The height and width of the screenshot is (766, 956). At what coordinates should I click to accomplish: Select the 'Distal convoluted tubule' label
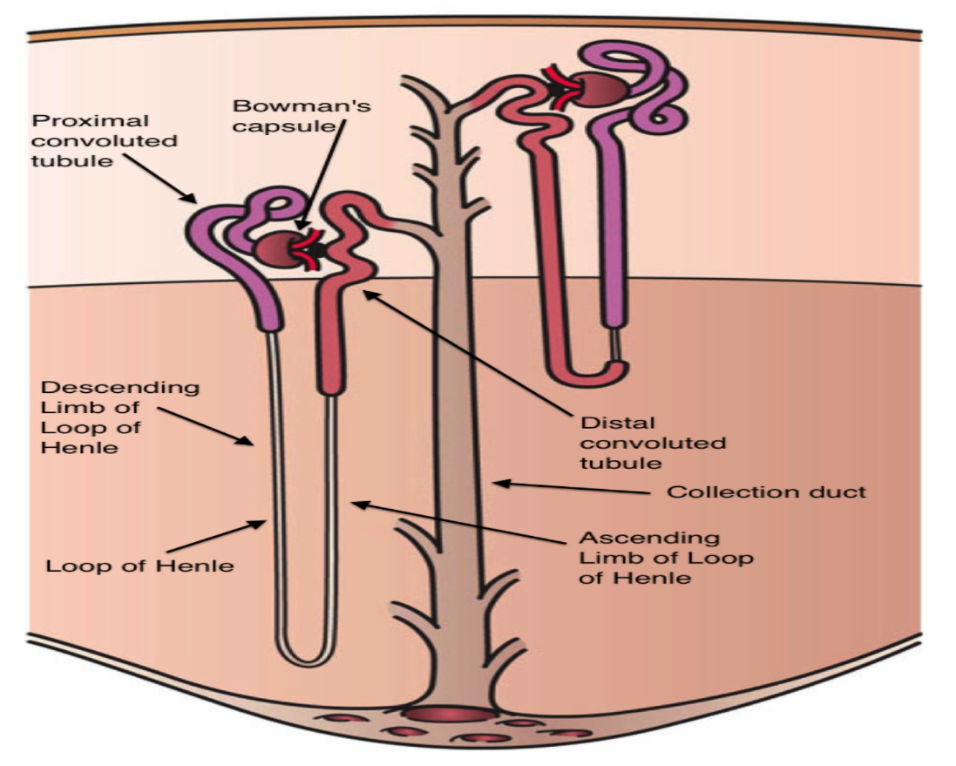(653, 442)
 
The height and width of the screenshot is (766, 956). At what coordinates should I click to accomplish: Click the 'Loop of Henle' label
(140, 566)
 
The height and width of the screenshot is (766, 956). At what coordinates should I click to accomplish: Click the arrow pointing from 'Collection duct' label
(575, 488)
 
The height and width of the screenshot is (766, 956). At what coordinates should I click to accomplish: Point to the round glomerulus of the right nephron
(600, 90)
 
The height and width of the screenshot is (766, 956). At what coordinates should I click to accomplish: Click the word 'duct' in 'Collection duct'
(837, 492)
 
